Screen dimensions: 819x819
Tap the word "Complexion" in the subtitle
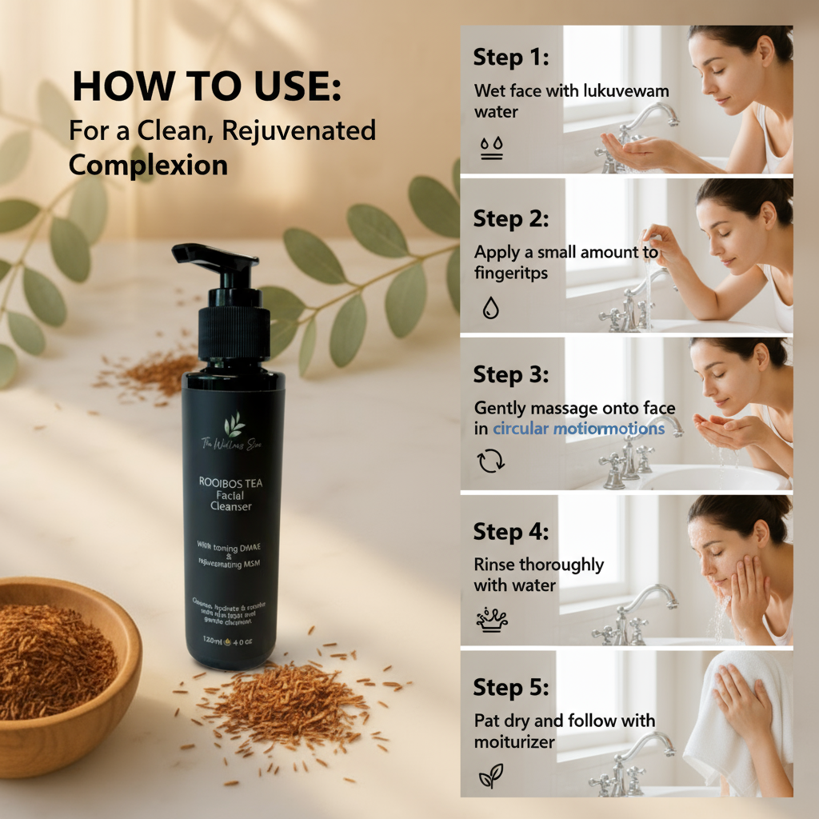click(x=148, y=165)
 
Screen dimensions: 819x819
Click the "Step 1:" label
click(x=509, y=58)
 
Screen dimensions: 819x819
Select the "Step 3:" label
click(x=509, y=374)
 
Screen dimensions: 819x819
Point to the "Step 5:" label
click(x=509, y=687)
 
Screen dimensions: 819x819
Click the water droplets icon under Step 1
click(x=491, y=148)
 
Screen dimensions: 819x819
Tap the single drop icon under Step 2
click(x=490, y=307)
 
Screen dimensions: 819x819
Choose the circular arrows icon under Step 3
click(x=490, y=461)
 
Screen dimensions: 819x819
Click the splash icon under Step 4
click(x=492, y=617)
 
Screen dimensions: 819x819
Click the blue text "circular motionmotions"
click(x=578, y=429)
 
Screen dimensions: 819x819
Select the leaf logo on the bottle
click(x=234, y=424)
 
